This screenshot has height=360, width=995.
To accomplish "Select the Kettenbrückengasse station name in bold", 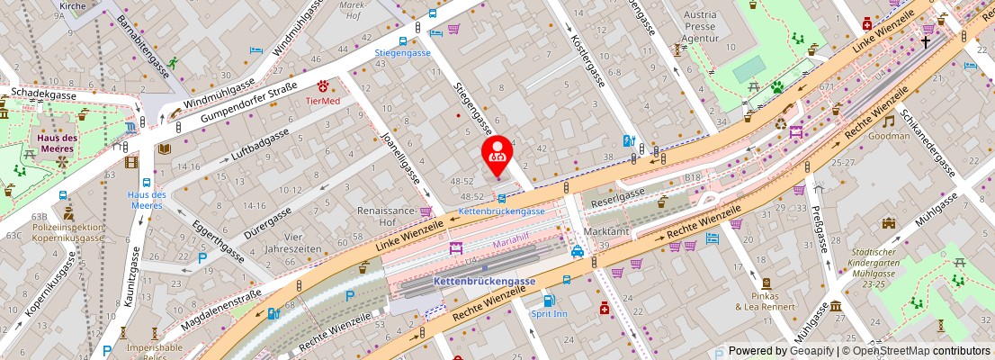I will (484, 281).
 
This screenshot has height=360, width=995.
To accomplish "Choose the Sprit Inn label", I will (549, 313).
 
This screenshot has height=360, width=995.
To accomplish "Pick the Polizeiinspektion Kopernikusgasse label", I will (70, 234).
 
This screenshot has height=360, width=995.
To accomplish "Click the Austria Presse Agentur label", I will (700, 27).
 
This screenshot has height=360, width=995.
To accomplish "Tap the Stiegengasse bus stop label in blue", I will (402, 52).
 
